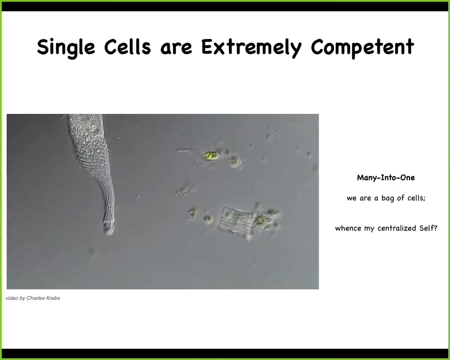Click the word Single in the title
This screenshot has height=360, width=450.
[66, 47]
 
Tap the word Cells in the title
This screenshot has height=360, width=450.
[127, 46]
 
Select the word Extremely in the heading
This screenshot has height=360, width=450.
[251, 47]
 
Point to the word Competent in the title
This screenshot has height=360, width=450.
[362, 47]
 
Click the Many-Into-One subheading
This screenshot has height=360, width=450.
[385, 177]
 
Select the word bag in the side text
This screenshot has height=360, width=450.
[387, 198]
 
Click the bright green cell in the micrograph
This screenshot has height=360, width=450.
[211, 155]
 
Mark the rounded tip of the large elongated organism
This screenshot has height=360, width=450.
[109, 229]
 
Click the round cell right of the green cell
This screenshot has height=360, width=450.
[234, 161]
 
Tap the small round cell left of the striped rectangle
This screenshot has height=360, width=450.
[208, 219]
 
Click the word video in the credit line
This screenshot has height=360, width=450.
[12, 298]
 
